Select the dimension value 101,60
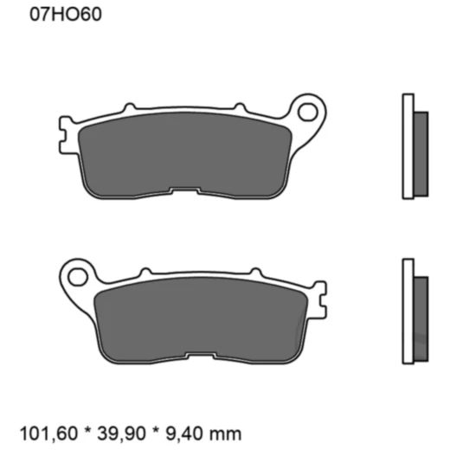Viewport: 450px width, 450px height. (44, 432)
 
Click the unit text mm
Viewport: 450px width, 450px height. (225, 432)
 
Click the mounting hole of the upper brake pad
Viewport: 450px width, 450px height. (308, 110)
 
